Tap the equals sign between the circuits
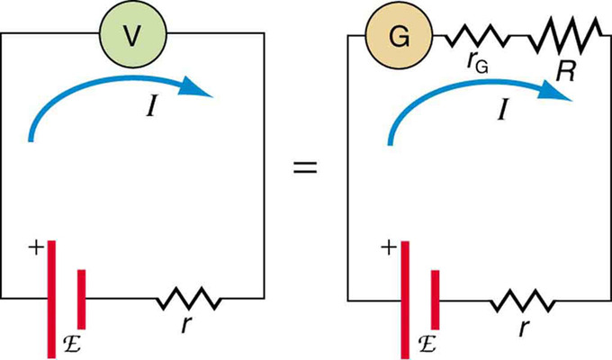[306, 167]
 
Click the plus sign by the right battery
[388, 246]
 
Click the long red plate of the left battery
[52, 297]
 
